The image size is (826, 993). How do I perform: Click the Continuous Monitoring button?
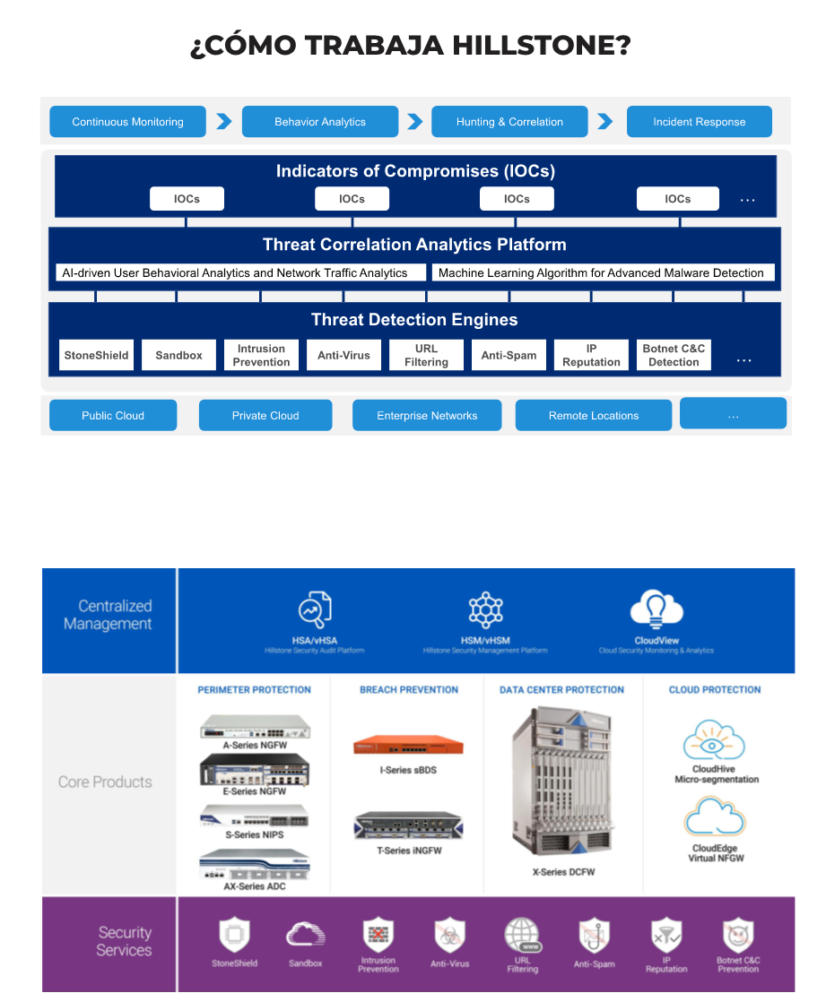pos(127,122)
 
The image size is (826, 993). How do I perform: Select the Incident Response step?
pos(699,122)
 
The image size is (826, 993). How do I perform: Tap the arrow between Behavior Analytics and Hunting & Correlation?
pos(414,122)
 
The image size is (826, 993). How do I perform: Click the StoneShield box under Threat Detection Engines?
pos(96,355)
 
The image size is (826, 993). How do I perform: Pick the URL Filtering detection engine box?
pos(426,355)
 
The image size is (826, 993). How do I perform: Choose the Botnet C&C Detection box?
pos(674,355)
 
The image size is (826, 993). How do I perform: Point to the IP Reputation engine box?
pos(591,355)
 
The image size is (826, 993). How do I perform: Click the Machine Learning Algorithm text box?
pos(601,272)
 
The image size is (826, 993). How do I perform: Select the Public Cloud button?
pos(113,415)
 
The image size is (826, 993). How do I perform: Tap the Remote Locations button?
pos(593,415)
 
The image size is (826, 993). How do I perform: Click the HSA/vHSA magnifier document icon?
pos(315,609)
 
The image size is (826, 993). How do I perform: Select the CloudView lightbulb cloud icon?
pos(656,609)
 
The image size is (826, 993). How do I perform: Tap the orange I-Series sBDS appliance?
pos(407,745)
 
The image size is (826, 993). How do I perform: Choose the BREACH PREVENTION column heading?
pos(409,690)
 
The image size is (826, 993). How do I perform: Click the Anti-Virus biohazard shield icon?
pos(450,937)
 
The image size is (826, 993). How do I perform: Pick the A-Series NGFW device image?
pos(255,726)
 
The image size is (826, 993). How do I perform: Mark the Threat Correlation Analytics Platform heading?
pos(414,245)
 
